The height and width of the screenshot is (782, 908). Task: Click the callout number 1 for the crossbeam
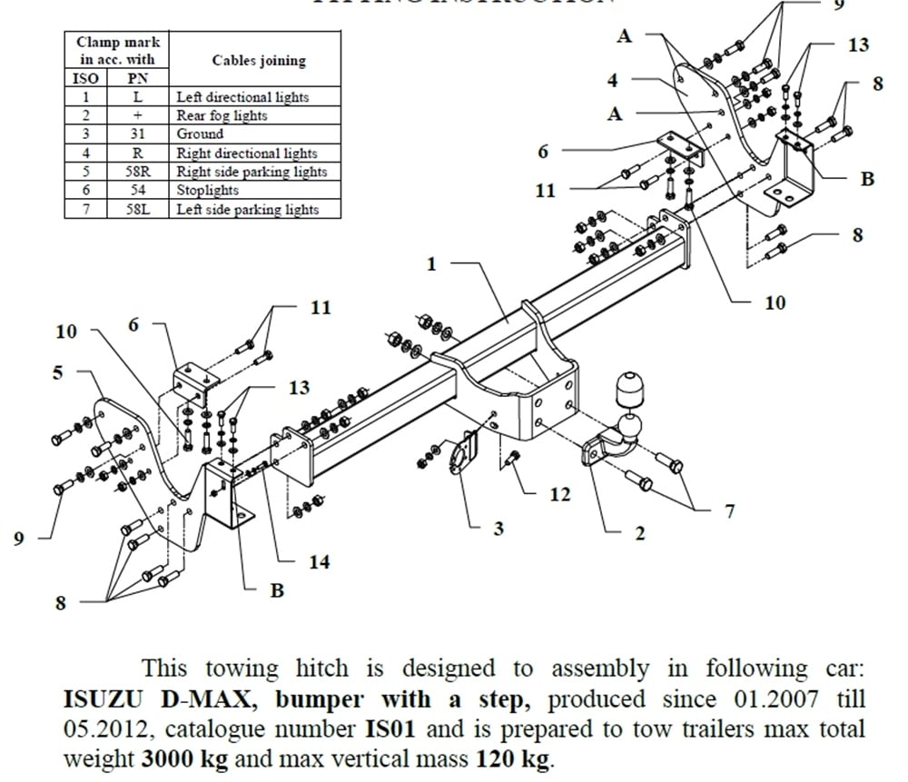pyautogui.click(x=431, y=264)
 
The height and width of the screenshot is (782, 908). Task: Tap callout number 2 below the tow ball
pyautogui.click(x=639, y=533)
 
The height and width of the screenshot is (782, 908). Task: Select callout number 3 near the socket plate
pyautogui.click(x=498, y=528)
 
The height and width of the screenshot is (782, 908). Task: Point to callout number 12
pyautogui.click(x=559, y=494)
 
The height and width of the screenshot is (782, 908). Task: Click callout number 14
pyautogui.click(x=319, y=561)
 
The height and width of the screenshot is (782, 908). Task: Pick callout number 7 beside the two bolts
pyautogui.click(x=728, y=512)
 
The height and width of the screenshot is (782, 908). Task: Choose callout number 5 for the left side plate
pyautogui.click(x=58, y=372)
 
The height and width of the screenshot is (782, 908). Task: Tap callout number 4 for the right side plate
pyautogui.click(x=613, y=80)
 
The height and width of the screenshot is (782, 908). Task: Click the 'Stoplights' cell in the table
pyautogui.click(x=208, y=190)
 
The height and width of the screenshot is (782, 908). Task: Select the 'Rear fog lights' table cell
pyautogui.click(x=222, y=115)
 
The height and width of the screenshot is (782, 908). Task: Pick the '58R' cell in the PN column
pyautogui.click(x=138, y=172)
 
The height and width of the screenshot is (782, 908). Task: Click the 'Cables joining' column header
pyautogui.click(x=259, y=61)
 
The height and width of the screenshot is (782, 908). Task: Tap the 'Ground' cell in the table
pyautogui.click(x=200, y=134)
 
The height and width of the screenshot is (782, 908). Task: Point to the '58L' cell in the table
pyautogui.click(x=138, y=209)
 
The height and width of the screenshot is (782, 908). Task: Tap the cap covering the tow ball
pyautogui.click(x=628, y=390)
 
